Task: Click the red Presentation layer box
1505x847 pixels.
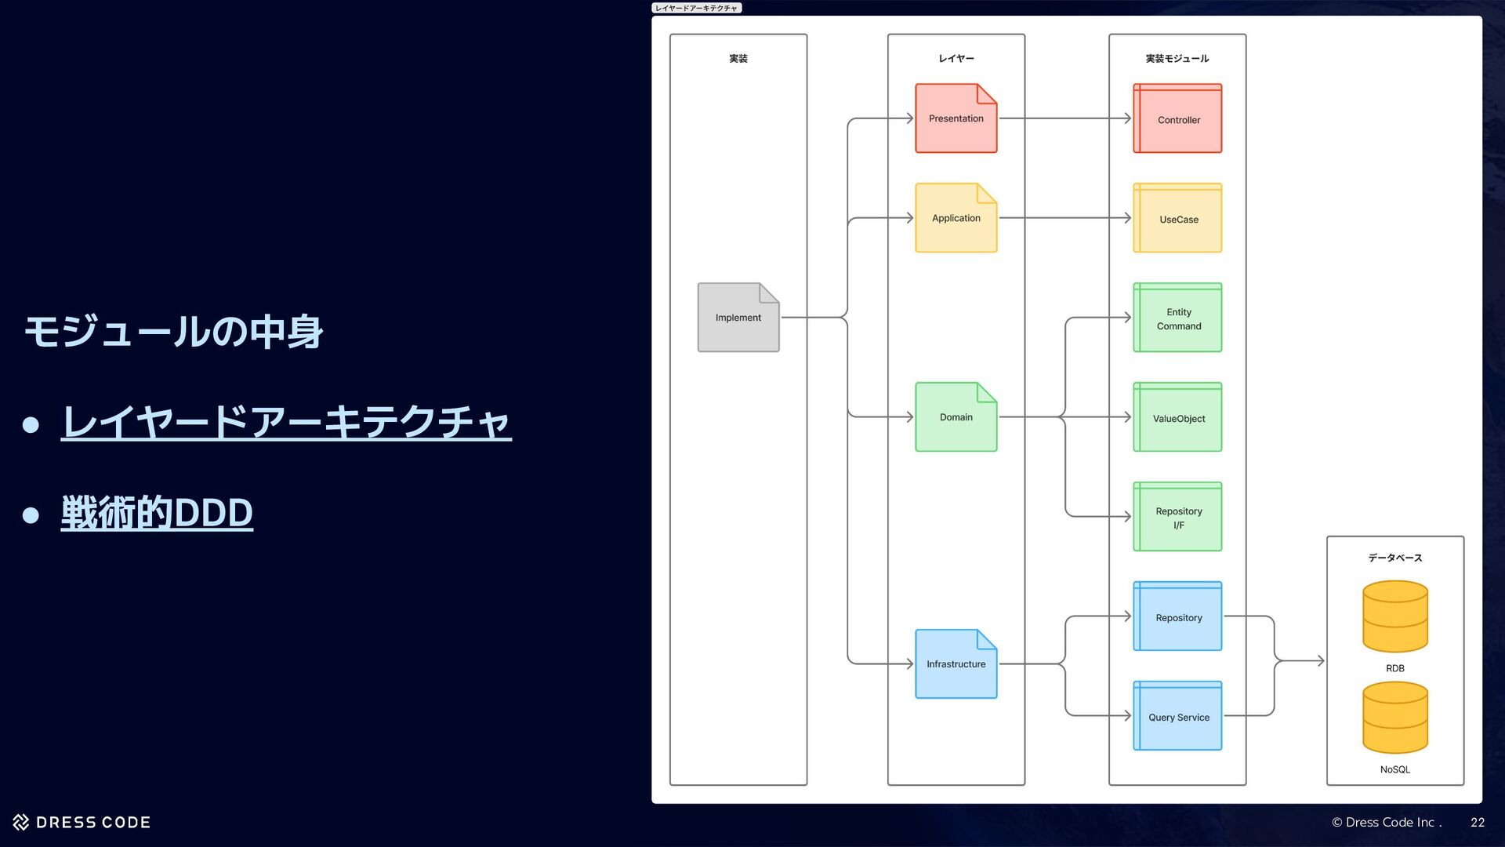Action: point(956,118)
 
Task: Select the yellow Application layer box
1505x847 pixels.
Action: point(956,218)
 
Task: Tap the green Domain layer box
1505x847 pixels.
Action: point(956,417)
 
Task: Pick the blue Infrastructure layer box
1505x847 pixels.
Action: point(956,664)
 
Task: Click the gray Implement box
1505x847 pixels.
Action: point(738,318)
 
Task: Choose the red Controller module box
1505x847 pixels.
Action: point(1177,119)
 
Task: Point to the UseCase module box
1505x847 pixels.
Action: point(1177,219)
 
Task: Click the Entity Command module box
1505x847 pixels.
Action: point(1177,318)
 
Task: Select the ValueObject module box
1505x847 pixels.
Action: point(1177,418)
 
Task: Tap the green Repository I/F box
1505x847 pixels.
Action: point(1177,518)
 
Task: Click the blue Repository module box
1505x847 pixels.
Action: point(1177,617)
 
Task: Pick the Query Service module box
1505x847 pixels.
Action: point(1177,717)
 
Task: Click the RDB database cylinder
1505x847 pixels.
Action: point(1394,616)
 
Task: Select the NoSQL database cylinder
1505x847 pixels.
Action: point(1394,718)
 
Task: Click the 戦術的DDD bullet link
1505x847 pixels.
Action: point(157,513)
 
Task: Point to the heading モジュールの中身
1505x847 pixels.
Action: point(173,331)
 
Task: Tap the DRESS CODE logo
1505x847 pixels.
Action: point(82,822)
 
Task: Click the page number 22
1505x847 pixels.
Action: point(1477,822)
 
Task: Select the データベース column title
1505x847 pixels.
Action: point(1394,558)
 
